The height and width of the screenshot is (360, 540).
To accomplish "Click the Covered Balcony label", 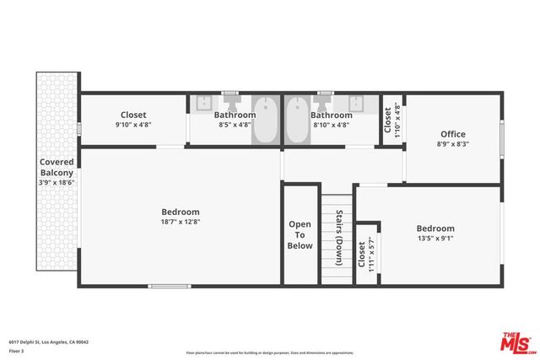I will point(57,166).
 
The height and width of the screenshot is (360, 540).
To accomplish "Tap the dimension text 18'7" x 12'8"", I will point(181,222).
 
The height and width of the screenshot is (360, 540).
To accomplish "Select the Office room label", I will point(453,134).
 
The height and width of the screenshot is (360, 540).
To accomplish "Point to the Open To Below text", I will point(300,235).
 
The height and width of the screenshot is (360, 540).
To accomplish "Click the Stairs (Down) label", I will point(339,238).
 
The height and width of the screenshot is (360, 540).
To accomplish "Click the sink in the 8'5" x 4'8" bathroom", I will point(202,104).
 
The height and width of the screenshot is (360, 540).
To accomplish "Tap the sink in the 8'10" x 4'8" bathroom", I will point(358,104).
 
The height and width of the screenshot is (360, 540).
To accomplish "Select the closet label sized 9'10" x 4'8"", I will point(133,115).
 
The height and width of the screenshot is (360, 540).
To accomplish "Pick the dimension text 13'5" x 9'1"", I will point(435,239).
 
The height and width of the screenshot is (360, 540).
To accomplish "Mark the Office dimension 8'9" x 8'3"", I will point(453,144).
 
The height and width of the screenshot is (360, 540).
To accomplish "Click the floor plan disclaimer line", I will point(269,352).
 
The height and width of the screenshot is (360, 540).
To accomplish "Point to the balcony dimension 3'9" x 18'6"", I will point(57,181).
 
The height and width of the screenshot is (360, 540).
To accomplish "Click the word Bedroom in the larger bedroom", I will point(181,212).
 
